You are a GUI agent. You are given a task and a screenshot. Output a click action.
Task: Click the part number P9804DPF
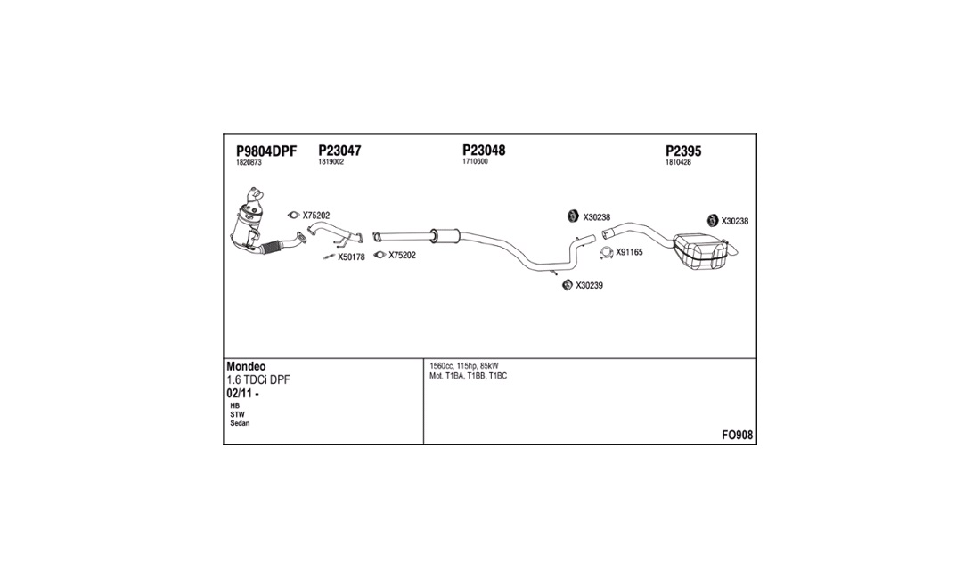click(x=266, y=151)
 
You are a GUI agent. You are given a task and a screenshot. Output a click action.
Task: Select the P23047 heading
click(x=339, y=151)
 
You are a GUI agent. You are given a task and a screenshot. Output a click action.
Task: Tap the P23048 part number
click(x=484, y=150)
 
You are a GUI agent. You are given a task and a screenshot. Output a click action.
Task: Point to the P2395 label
click(x=683, y=151)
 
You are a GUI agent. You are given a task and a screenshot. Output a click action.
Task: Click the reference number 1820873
click(x=249, y=162)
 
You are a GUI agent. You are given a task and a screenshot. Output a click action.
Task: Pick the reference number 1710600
click(x=475, y=161)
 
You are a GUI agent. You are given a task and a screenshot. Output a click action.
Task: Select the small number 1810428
click(x=678, y=162)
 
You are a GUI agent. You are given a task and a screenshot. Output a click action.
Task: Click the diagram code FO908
click(x=737, y=435)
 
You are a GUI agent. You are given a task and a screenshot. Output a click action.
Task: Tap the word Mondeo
click(x=246, y=366)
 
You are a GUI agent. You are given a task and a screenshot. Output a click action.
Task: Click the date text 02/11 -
click(x=242, y=394)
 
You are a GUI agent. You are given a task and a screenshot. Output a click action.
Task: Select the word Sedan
click(x=240, y=423)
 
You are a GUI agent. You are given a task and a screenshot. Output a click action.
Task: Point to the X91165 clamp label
click(x=629, y=252)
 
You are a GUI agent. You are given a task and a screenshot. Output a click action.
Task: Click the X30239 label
click(x=589, y=285)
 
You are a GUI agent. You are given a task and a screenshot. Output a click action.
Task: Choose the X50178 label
click(x=351, y=257)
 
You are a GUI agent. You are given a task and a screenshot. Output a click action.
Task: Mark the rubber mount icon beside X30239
click(x=568, y=285)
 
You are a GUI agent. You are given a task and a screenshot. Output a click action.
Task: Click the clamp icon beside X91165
click(x=606, y=253)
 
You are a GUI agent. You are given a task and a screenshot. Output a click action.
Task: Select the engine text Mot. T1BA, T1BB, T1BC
click(x=468, y=376)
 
